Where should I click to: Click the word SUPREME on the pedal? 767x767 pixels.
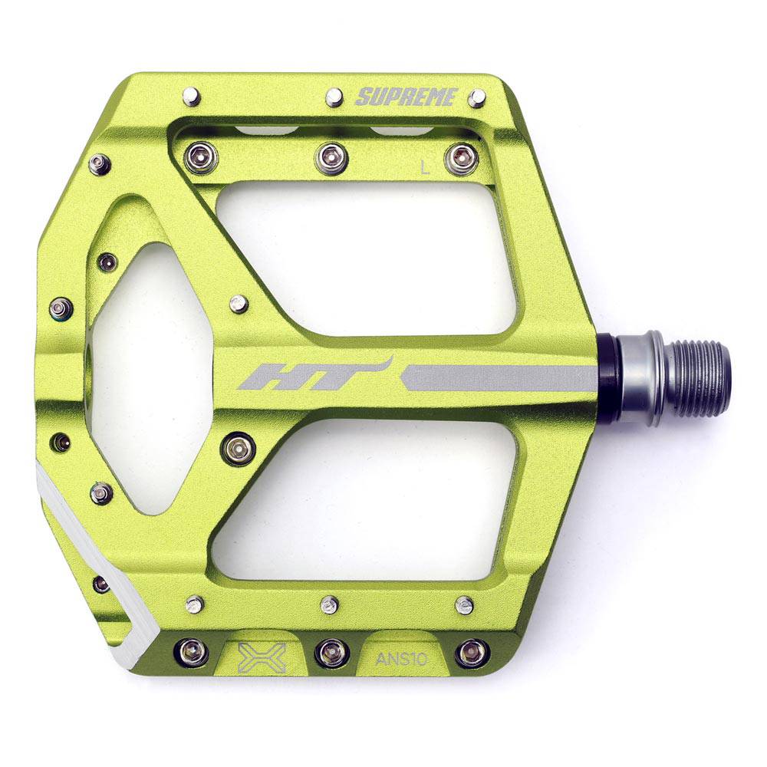(407, 97)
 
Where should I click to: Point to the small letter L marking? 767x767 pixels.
(426, 168)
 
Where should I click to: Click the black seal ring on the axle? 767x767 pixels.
(609, 378)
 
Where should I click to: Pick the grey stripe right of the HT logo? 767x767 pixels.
(499, 377)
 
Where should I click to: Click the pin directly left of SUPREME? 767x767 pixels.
(334, 97)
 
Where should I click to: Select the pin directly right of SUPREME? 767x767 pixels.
(477, 97)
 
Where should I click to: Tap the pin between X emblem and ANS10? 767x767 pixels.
(331, 653)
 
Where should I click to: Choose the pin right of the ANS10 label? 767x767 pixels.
(471, 653)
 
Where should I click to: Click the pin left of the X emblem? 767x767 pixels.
(192, 653)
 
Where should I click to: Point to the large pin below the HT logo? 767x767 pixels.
(238, 449)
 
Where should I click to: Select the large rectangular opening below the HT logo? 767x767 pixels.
(368, 499)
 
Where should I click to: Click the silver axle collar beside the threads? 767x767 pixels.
(644, 378)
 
